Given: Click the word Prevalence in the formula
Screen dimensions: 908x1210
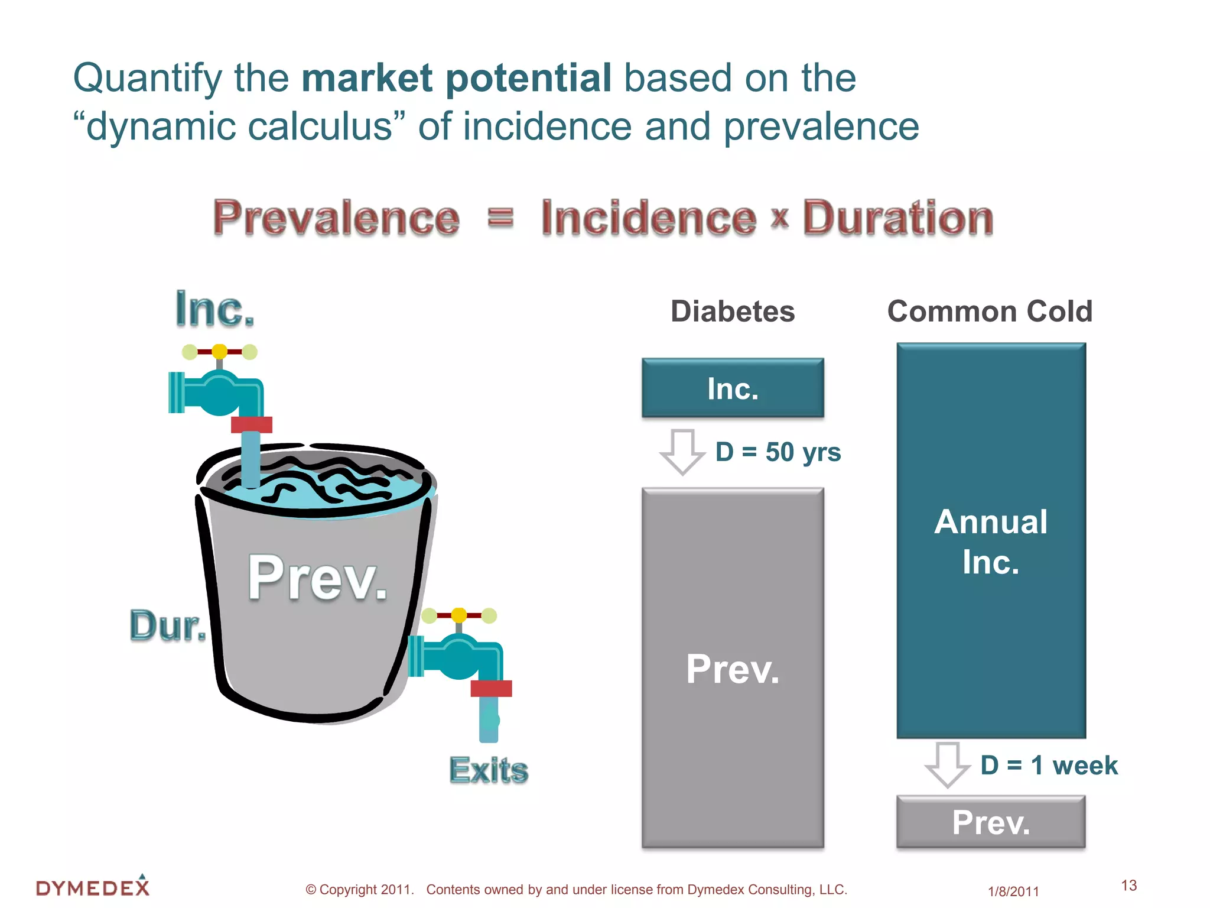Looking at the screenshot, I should coord(336,218).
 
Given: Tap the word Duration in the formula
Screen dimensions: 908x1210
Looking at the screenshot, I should coord(897,218).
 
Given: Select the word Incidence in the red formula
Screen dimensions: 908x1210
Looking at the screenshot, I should coord(648,218).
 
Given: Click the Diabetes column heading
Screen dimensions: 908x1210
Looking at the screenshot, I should coord(733,312).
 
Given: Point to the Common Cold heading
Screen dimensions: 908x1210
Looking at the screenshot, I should coord(990,312).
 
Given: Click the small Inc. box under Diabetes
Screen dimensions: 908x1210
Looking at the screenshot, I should coord(733,388).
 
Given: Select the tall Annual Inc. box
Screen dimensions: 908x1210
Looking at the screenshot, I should coord(991,541).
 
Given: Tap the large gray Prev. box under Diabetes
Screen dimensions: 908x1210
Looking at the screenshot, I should coord(733,668).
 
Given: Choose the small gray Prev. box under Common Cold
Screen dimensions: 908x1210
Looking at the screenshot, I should coord(991,822).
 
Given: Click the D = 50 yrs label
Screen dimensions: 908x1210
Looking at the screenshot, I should coord(778,452).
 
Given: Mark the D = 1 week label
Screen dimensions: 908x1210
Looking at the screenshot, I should coord(1049,766).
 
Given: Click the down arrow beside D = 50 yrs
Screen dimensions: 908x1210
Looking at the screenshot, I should coord(682,452).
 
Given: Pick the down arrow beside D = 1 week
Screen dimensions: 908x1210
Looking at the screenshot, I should coord(948,764).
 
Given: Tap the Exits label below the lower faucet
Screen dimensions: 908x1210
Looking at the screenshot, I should coord(489,770).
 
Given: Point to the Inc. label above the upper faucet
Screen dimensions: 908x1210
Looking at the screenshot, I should coord(214,309).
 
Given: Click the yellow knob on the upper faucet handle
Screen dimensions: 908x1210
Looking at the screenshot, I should coord(219,352).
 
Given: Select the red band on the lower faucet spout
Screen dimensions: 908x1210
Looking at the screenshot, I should coord(491,689).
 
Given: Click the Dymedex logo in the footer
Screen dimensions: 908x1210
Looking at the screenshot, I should coord(93,887).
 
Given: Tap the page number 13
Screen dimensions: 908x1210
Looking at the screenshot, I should coord(1128,886).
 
